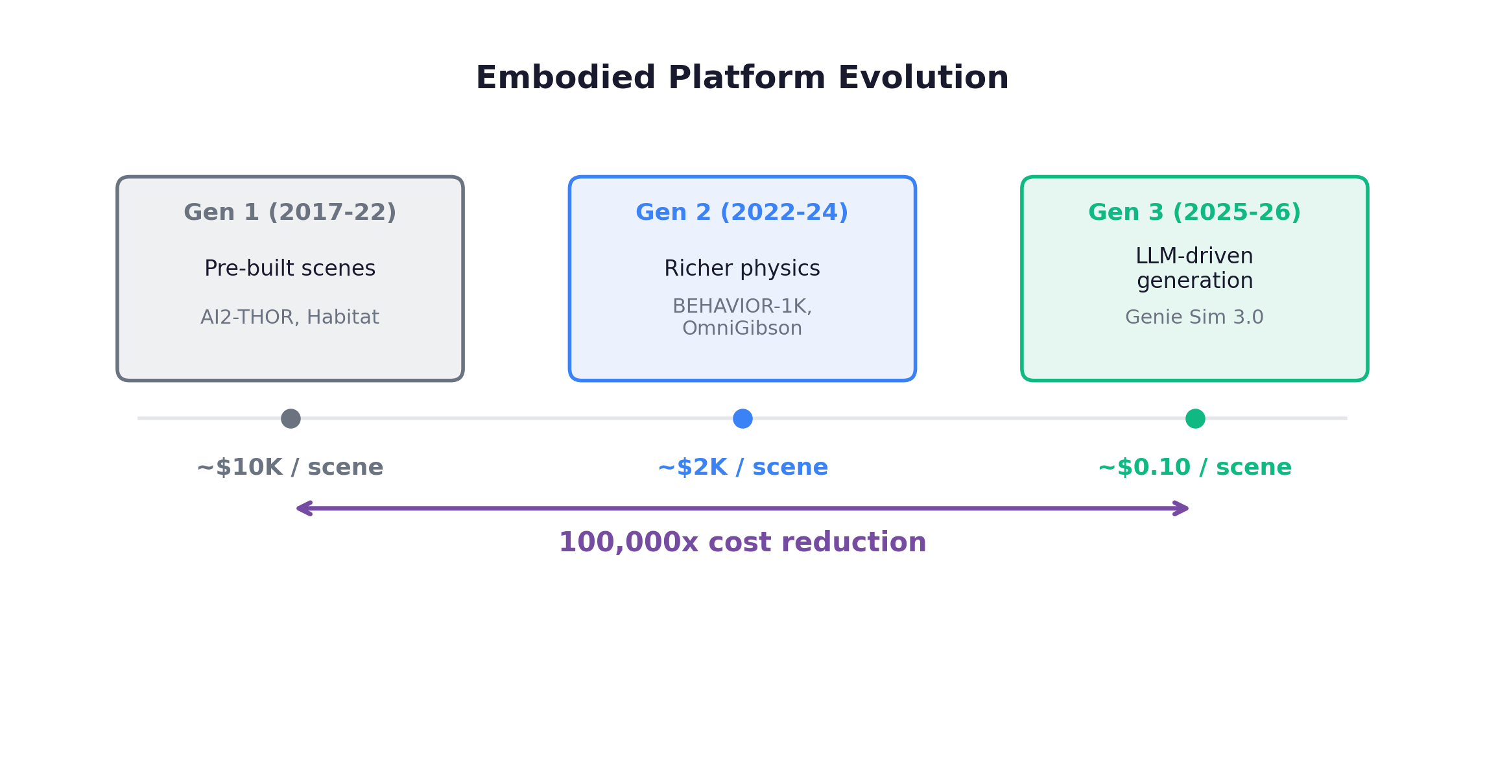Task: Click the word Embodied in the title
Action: pyautogui.click(x=565, y=78)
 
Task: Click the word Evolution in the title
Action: pyautogui.click(x=923, y=78)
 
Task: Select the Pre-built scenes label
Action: pyautogui.click(x=290, y=269)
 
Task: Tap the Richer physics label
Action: pyautogui.click(x=742, y=269)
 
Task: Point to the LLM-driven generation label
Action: pyautogui.click(x=1194, y=268)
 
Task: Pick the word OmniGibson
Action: pyautogui.click(x=742, y=328)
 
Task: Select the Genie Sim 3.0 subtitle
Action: pyautogui.click(x=1194, y=317)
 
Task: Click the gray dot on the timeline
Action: pyautogui.click(x=291, y=419)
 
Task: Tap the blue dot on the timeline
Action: pyautogui.click(x=742, y=419)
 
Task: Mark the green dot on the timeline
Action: pyautogui.click(x=1195, y=419)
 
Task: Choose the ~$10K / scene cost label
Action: pyautogui.click(x=290, y=468)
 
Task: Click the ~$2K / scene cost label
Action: pyautogui.click(x=742, y=468)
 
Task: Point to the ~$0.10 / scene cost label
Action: pyautogui.click(x=1194, y=468)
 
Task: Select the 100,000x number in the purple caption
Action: pyautogui.click(x=628, y=542)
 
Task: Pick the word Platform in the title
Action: pyautogui.click(x=747, y=78)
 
